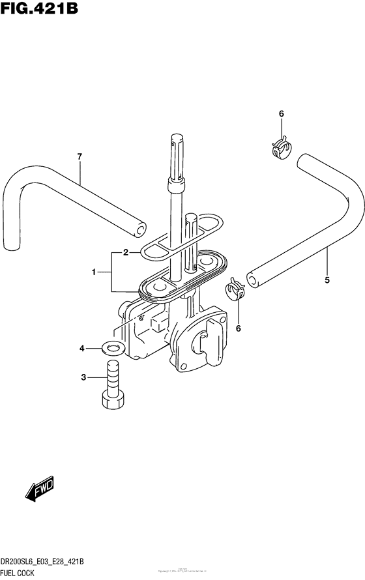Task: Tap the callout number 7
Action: click(80, 156)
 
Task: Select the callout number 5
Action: click(327, 280)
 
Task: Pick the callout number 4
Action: click(83, 349)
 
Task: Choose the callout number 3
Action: click(83, 377)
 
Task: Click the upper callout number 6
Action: click(282, 115)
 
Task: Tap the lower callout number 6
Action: click(238, 328)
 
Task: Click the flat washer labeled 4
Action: click(114, 348)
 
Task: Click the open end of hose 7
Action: click(139, 228)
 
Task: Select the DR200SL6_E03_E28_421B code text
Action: click(50, 562)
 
